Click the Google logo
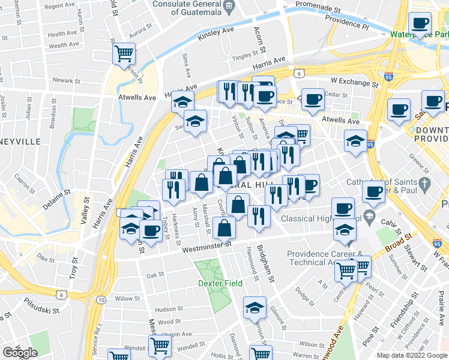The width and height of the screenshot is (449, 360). coord(20,353)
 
